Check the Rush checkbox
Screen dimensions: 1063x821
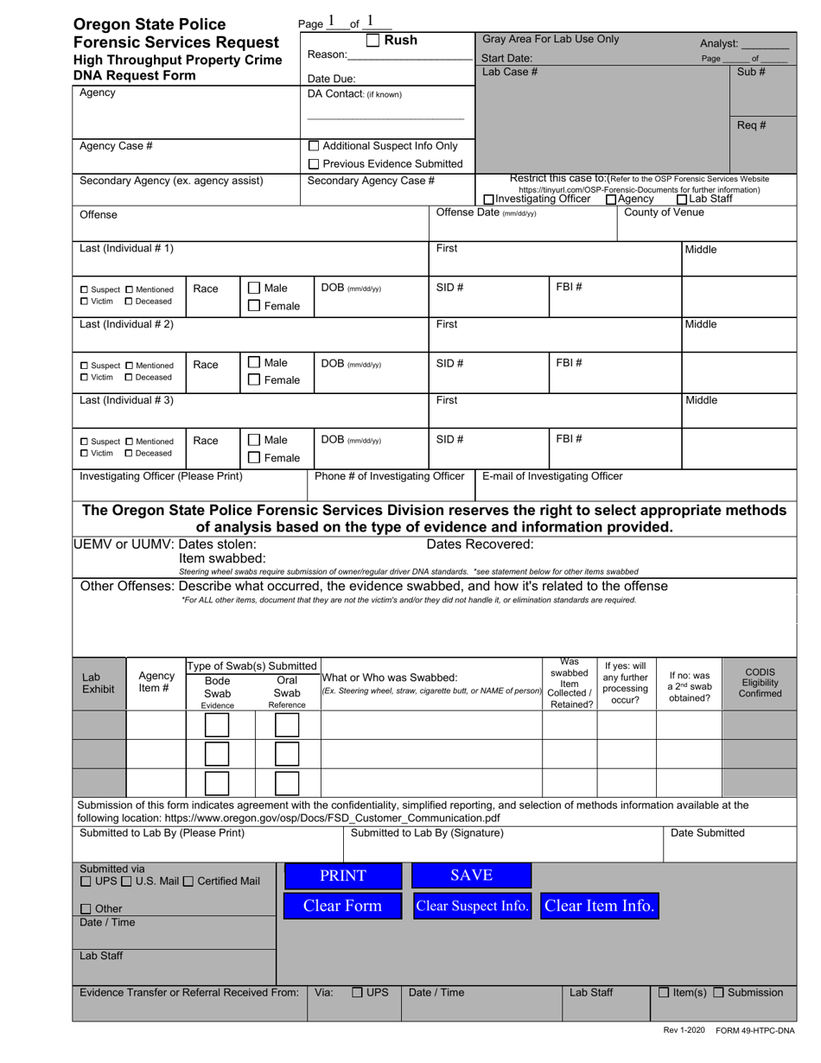pos(372,40)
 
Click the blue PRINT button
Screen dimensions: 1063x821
pos(343,875)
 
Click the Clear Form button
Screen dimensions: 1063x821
pos(343,906)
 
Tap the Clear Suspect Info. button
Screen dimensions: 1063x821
pos(472,906)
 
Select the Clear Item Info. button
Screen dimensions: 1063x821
pos(599,906)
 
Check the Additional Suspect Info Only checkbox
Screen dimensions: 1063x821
pos(315,146)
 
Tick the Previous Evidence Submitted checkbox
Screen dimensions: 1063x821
pos(315,164)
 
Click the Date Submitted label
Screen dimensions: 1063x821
pos(707,833)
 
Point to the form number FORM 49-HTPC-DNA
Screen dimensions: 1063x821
pos(754,1030)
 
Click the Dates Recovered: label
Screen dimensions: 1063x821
pos(481,544)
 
